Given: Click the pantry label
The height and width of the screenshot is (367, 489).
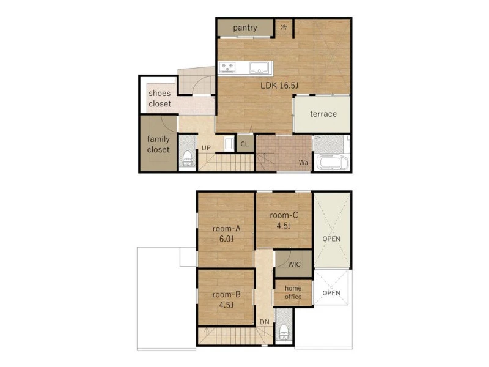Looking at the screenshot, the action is (245, 28).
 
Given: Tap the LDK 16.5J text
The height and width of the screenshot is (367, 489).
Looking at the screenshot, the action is (279, 86).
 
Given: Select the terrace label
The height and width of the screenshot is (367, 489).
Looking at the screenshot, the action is (323, 114).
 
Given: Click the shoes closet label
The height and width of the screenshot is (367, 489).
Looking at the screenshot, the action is (160, 98).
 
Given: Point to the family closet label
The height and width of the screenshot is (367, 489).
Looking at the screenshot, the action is (158, 144).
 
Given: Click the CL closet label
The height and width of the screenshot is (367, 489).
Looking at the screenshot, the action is (244, 144).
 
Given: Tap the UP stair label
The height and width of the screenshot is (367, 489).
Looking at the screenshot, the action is (206, 148).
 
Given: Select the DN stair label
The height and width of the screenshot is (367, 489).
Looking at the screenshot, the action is (265, 322).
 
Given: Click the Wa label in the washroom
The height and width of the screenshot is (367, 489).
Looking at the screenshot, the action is (303, 163).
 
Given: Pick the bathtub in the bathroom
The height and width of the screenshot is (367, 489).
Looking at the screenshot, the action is (333, 162).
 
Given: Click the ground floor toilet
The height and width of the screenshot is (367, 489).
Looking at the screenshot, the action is (188, 158).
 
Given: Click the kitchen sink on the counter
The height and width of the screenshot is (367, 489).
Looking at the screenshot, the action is (259, 68).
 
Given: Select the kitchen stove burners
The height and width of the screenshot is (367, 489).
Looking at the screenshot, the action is (227, 67).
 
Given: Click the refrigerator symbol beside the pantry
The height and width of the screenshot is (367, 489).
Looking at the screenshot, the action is (284, 28).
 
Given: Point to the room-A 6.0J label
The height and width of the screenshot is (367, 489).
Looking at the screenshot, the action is (226, 234).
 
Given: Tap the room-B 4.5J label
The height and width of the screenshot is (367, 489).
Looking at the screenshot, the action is (226, 300).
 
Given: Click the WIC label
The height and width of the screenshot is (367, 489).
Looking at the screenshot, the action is (294, 265).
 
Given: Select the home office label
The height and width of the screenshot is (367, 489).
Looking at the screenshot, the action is (293, 292).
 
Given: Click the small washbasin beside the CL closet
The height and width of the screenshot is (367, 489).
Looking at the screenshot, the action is (229, 144).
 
